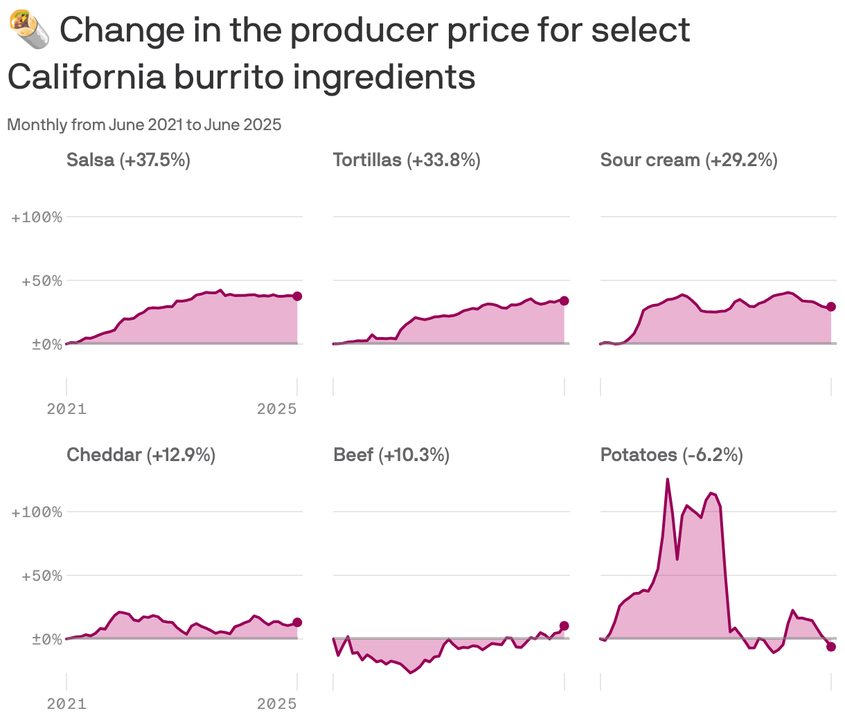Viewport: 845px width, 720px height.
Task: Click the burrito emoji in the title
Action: pyautogui.click(x=29, y=31)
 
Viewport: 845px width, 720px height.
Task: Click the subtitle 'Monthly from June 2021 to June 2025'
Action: pyautogui.click(x=144, y=125)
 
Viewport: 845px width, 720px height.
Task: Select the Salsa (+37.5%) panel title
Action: pyautogui.click(x=128, y=160)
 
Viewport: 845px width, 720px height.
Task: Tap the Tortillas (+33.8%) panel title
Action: pyautogui.click(x=407, y=160)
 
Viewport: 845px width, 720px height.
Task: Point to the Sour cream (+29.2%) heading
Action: pyautogui.click(x=688, y=160)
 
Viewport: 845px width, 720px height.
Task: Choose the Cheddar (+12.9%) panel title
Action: pyautogui.click(x=141, y=455)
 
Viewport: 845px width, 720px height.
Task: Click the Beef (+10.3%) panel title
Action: pyautogui.click(x=391, y=455)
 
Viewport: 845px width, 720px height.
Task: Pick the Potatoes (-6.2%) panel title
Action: pyautogui.click(x=671, y=455)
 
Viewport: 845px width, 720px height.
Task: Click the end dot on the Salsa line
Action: pyautogui.click(x=297, y=296)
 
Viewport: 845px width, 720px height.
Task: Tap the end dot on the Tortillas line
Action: pyautogui.click(x=564, y=300)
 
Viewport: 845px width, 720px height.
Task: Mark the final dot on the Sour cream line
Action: pyautogui.click(x=831, y=307)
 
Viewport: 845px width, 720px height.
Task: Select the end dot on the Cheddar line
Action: pyautogui.click(x=297, y=622)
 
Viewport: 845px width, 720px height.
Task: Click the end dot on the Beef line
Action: pyautogui.click(x=564, y=626)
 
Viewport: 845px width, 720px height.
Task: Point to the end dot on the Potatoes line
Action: pyautogui.click(x=831, y=647)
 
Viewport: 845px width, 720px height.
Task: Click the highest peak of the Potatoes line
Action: pyautogui.click(x=667, y=479)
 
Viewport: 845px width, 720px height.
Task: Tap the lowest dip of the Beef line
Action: pyautogui.click(x=411, y=672)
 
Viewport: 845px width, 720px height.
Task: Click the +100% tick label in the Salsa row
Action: pyautogui.click(x=37, y=217)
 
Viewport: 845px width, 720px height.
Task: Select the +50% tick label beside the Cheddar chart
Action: pyautogui.click(x=42, y=576)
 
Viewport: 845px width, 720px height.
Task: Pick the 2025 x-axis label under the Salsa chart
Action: pyautogui.click(x=276, y=409)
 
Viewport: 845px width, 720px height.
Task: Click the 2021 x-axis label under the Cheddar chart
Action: pyautogui.click(x=66, y=704)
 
